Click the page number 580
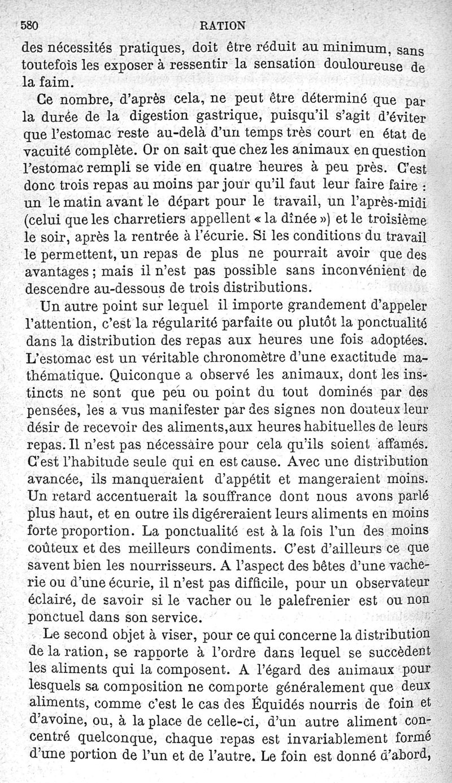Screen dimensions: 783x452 coord(29,25)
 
